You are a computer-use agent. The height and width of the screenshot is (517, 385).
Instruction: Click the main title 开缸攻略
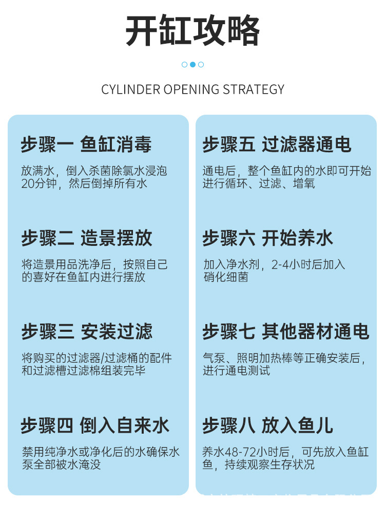point(192,32)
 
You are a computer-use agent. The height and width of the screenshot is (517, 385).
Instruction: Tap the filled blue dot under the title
point(192,64)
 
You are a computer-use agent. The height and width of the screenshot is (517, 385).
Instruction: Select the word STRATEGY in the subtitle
point(254,90)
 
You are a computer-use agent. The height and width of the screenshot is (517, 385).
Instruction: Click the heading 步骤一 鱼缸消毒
point(86,145)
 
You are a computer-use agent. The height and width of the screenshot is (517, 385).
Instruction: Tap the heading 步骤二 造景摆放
point(87,238)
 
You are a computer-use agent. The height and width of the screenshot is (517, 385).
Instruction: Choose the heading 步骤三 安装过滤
point(87,332)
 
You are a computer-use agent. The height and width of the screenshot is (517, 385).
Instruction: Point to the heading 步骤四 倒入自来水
point(95,425)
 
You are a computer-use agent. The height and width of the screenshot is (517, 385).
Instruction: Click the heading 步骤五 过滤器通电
point(277,145)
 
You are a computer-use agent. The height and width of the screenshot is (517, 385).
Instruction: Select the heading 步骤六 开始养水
point(267,238)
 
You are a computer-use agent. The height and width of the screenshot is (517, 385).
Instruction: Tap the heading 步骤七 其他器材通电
point(285,332)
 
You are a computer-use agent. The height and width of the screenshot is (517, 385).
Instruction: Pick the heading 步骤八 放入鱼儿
point(267,425)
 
